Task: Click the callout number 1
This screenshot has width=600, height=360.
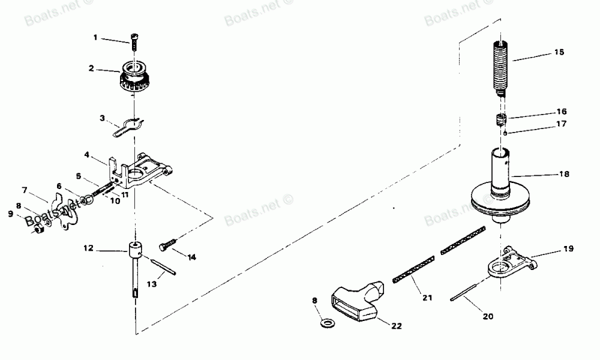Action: [x=95, y=38]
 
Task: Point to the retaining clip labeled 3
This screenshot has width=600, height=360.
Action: [x=127, y=126]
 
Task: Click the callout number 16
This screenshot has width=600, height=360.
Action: [x=562, y=112]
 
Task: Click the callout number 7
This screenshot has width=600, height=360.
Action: [x=25, y=190]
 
